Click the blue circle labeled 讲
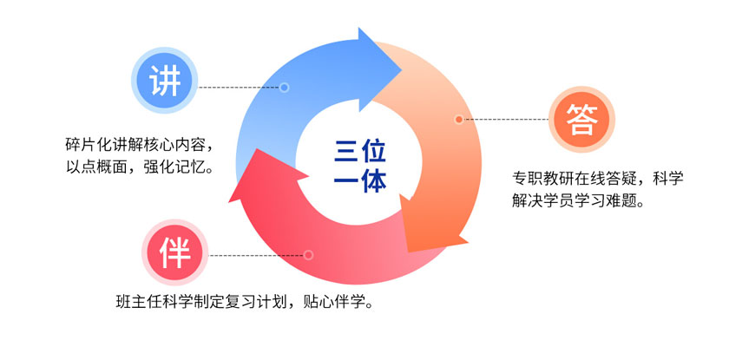[165, 80]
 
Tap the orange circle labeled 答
[581, 120]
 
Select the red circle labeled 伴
[175, 252]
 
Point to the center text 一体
[360, 181]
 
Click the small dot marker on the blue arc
[285, 88]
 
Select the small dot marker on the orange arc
[459, 120]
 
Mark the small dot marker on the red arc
[308, 255]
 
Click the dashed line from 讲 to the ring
[240, 88]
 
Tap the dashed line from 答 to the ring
[506, 120]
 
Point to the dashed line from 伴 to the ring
[256, 255]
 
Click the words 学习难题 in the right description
[607, 201]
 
